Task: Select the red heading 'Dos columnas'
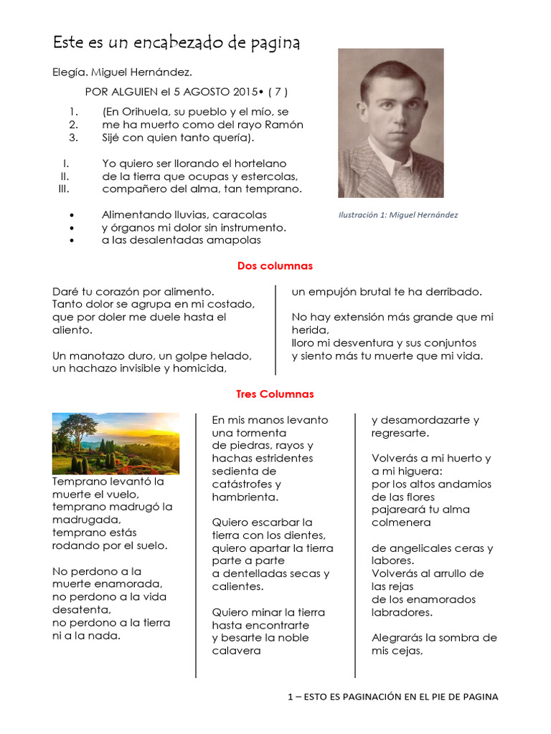[275, 266]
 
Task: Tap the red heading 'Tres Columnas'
[275, 394]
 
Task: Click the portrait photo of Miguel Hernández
[390, 123]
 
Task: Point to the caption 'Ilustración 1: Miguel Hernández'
[398, 215]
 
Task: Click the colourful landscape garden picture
[116, 444]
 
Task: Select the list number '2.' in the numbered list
[72, 125]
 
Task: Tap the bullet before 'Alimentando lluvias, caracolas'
[72, 215]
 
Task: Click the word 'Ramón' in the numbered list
[286, 125]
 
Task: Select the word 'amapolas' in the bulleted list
[230, 240]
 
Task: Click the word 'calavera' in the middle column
[236, 651]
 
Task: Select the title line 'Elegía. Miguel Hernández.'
[122, 72]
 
